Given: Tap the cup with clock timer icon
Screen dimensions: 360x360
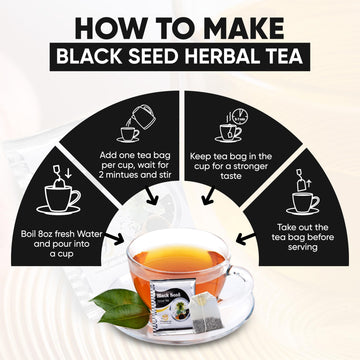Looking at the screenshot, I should (229, 126).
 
